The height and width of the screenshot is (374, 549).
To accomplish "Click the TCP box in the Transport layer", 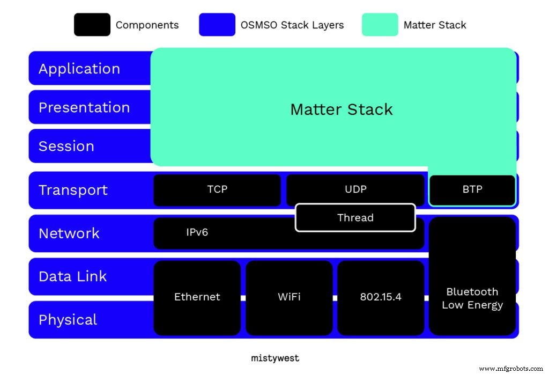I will coord(217,189).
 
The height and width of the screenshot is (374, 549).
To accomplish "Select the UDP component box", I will coord(355,189).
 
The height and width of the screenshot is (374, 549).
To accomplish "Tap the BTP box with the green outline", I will coord(472,190).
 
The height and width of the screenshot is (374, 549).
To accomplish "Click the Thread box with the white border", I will coord(355,217).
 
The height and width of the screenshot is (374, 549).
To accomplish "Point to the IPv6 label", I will coord(197,233).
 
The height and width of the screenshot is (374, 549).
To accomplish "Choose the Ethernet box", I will coord(197,297).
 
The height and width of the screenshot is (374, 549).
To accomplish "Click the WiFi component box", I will coord(289,297).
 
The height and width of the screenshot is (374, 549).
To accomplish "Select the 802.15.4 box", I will coord(380,297).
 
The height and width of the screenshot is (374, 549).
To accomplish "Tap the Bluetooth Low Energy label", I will coord(472,298).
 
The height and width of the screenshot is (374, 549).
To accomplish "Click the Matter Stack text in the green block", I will coord(341,109).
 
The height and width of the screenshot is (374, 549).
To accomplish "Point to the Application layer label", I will coord(79,69).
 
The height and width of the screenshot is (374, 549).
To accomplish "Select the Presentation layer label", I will coord(84,107).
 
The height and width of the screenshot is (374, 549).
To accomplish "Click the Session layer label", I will coord(66,146).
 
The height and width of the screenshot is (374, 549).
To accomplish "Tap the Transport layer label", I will coord(73,190).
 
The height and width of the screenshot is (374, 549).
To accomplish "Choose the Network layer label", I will coord(69,233).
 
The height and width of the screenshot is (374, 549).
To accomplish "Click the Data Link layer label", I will coord(73,276).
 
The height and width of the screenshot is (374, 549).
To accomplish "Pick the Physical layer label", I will coord(68,320).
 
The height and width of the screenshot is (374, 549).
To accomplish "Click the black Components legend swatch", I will coord(92,25).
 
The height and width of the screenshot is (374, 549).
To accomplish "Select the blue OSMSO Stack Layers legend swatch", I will coord(217,25).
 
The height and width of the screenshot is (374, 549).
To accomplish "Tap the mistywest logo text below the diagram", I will coord(275,358).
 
